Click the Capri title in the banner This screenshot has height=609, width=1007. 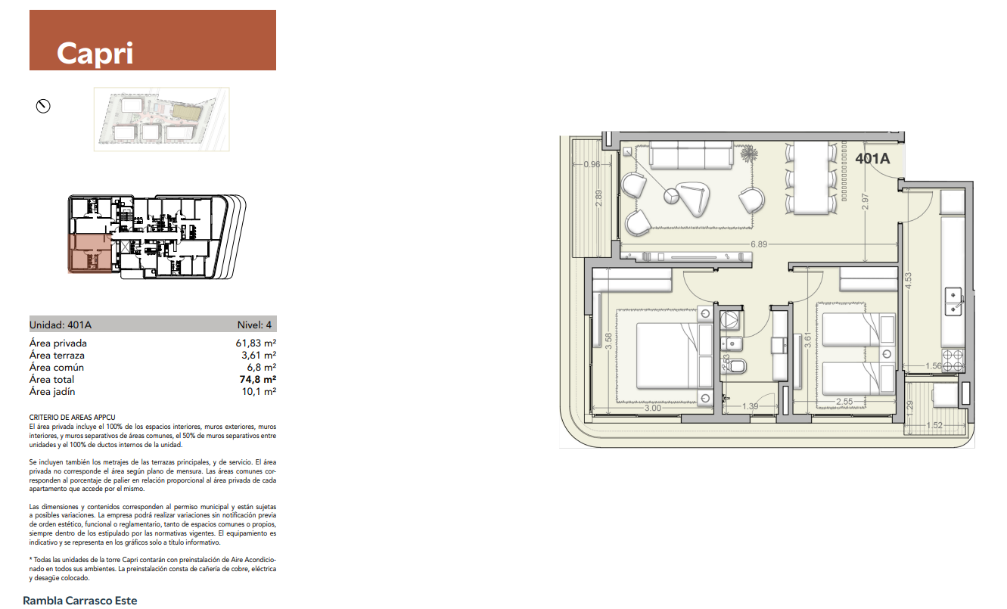click(x=95, y=54)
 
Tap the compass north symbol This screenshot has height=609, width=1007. click(x=43, y=106)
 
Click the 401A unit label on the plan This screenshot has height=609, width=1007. click(x=872, y=159)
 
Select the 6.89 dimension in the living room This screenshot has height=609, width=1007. click(x=759, y=244)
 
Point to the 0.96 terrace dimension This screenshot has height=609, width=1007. click(x=592, y=164)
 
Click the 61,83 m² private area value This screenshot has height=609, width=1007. click(x=256, y=343)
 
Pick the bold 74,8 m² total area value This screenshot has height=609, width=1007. click(x=257, y=380)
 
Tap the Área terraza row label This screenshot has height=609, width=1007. click(x=57, y=356)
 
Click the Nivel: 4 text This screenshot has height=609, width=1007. click(x=254, y=325)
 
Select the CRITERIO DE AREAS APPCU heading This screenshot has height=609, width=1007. click(x=73, y=418)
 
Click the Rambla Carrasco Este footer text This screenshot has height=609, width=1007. click(x=80, y=601)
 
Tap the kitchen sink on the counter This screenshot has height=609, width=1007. click(x=953, y=302)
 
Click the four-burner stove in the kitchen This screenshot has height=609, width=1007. click(x=953, y=360)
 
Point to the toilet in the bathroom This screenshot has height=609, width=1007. click(x=735, y=366)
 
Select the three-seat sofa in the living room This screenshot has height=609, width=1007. click(x=692, y=155)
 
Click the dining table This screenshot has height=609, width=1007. click(x=811, y=178)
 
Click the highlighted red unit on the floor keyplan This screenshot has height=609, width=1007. click(x=90, y=253)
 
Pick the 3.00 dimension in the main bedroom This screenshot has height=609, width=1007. click(x=653, y=408)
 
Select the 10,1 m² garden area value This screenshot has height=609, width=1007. click(x=259, y=392)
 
